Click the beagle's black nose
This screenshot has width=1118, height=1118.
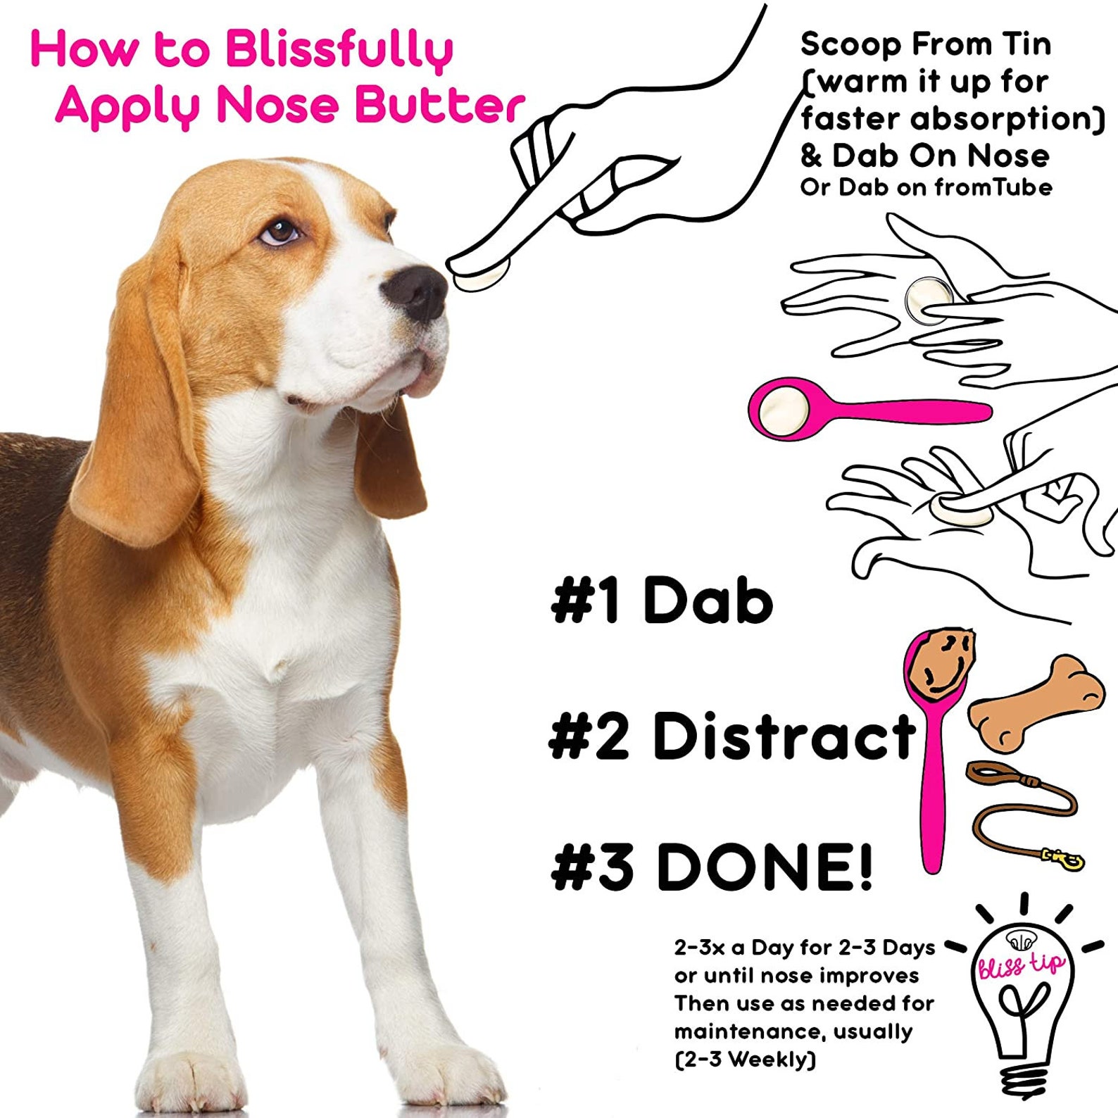point(417,291)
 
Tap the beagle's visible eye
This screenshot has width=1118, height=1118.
point(281,231)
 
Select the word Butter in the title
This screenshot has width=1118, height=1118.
point(439,106)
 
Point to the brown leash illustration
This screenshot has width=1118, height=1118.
point(1021,810)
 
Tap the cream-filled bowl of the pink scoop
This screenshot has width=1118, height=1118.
point(780,409)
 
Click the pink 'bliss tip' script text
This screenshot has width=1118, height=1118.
point(1021,965)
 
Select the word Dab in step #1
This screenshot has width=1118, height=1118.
point(708,601)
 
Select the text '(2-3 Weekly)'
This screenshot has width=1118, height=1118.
point(745,1059)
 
